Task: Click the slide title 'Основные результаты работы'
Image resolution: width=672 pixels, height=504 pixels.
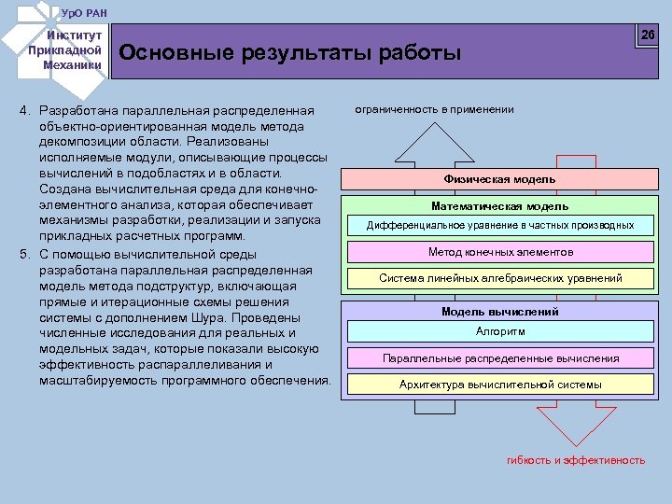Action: pyautogui.click(x=290, y=53)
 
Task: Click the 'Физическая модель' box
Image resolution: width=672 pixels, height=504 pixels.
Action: pyautogui.click(x=499, y=179)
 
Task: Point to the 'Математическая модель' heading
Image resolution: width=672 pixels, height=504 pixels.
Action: pyautogui.click(x=499, y=206)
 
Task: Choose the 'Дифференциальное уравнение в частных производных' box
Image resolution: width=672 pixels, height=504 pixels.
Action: pyautogui.click(x=499, y=226)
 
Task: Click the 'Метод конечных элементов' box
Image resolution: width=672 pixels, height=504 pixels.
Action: pyautogui.click(x=499, y=252)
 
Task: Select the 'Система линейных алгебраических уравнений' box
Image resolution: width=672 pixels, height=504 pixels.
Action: pyautogui.click(x=499, y=278)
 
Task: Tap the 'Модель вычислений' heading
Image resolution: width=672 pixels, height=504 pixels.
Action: pyautogui.click(x=499, y=312)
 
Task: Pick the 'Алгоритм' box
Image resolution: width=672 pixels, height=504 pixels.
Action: pyautogui.click(x=499, y=331)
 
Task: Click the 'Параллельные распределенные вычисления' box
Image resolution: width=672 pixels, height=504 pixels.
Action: pyautogui.click(x=499, y=357)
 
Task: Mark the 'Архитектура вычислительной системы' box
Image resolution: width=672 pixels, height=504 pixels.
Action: pyautogui.click(x=499, y=384)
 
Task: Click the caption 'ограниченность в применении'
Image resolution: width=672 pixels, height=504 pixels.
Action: pyautogui.click(x=434, y=109)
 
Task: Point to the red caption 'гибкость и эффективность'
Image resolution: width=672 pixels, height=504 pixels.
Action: pyautogui.click(x=575, y=460)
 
